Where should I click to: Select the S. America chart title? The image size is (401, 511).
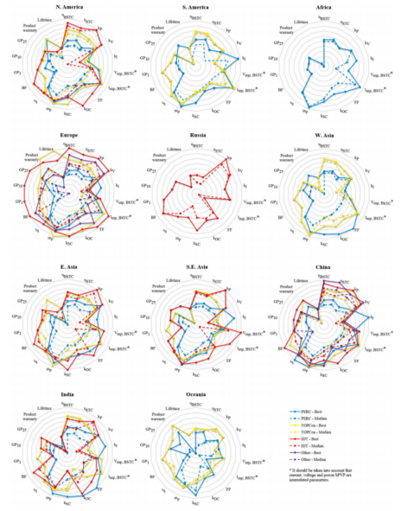pos(200,7)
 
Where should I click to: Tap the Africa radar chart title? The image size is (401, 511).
pos(331,7)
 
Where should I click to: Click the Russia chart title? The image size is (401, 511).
pos(200,135)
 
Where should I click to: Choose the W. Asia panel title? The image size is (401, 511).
pos(331,135)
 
